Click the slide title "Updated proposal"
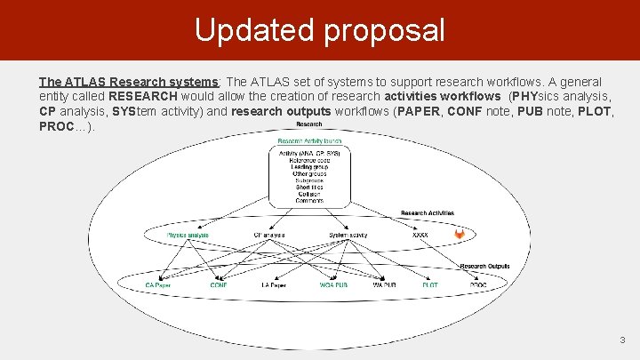click(319, 30)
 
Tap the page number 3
click(623, 340)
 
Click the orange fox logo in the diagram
click(460, 235)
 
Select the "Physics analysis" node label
click(188, 235)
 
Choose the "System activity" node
click(348, 235)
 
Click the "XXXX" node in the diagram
click(420, 235)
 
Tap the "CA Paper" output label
click(158, 285)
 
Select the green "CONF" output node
click(219, 285)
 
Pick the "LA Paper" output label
click(273, 285)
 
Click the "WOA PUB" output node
click(333, 285)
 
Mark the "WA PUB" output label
click(384, 285)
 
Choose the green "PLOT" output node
click(430, 285)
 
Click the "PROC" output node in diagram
click(478, 285)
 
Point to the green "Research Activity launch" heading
click(309, 141)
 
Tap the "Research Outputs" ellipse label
click(484, 266)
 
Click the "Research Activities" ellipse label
click(428, 213)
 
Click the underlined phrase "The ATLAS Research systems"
click(129, 82)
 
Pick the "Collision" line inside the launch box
click(308, 195)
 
